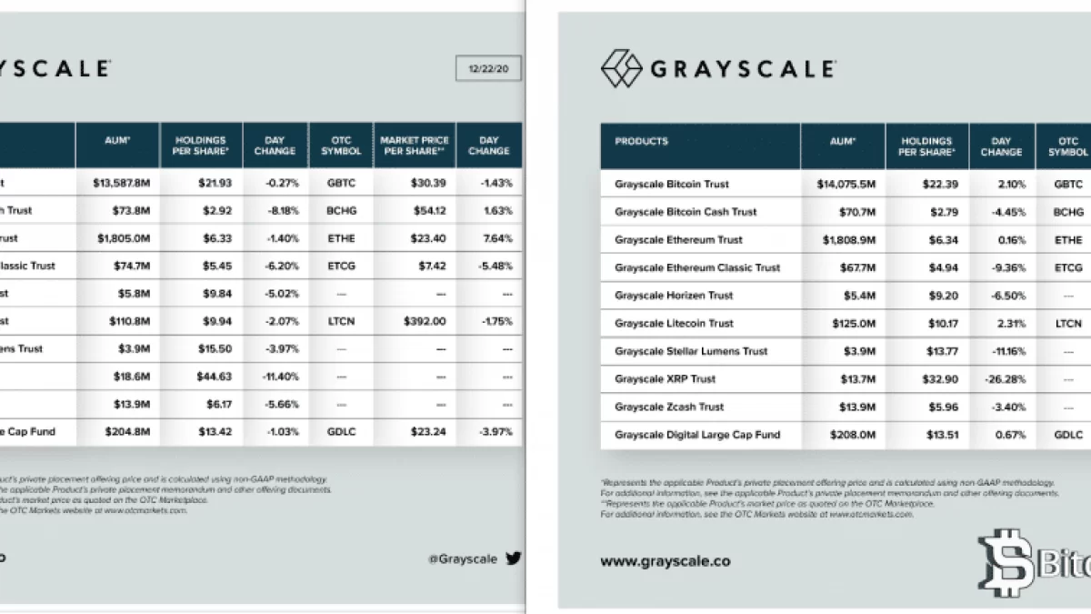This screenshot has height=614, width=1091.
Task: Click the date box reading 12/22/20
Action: tap(488, 69)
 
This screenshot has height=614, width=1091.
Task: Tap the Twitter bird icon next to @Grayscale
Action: tap(514, 559)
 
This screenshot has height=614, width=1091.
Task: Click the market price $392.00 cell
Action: tap(414, 321)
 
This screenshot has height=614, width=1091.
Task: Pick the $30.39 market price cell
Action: tap(414, 183)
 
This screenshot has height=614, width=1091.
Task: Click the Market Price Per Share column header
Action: tap(415, 146)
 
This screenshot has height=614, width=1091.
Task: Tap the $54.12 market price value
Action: tap(414, 211)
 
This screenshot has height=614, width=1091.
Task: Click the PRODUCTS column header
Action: tap(641, 142)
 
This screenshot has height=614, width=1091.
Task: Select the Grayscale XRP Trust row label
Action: tap(665, 379)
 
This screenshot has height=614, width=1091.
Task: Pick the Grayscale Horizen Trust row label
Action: tap(674, 296)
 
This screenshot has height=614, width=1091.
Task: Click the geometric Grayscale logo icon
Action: tap(620, 67)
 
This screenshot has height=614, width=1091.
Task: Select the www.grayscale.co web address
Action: tap(665, 561)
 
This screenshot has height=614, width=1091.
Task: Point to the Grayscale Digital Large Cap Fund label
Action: tap(697, 435)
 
